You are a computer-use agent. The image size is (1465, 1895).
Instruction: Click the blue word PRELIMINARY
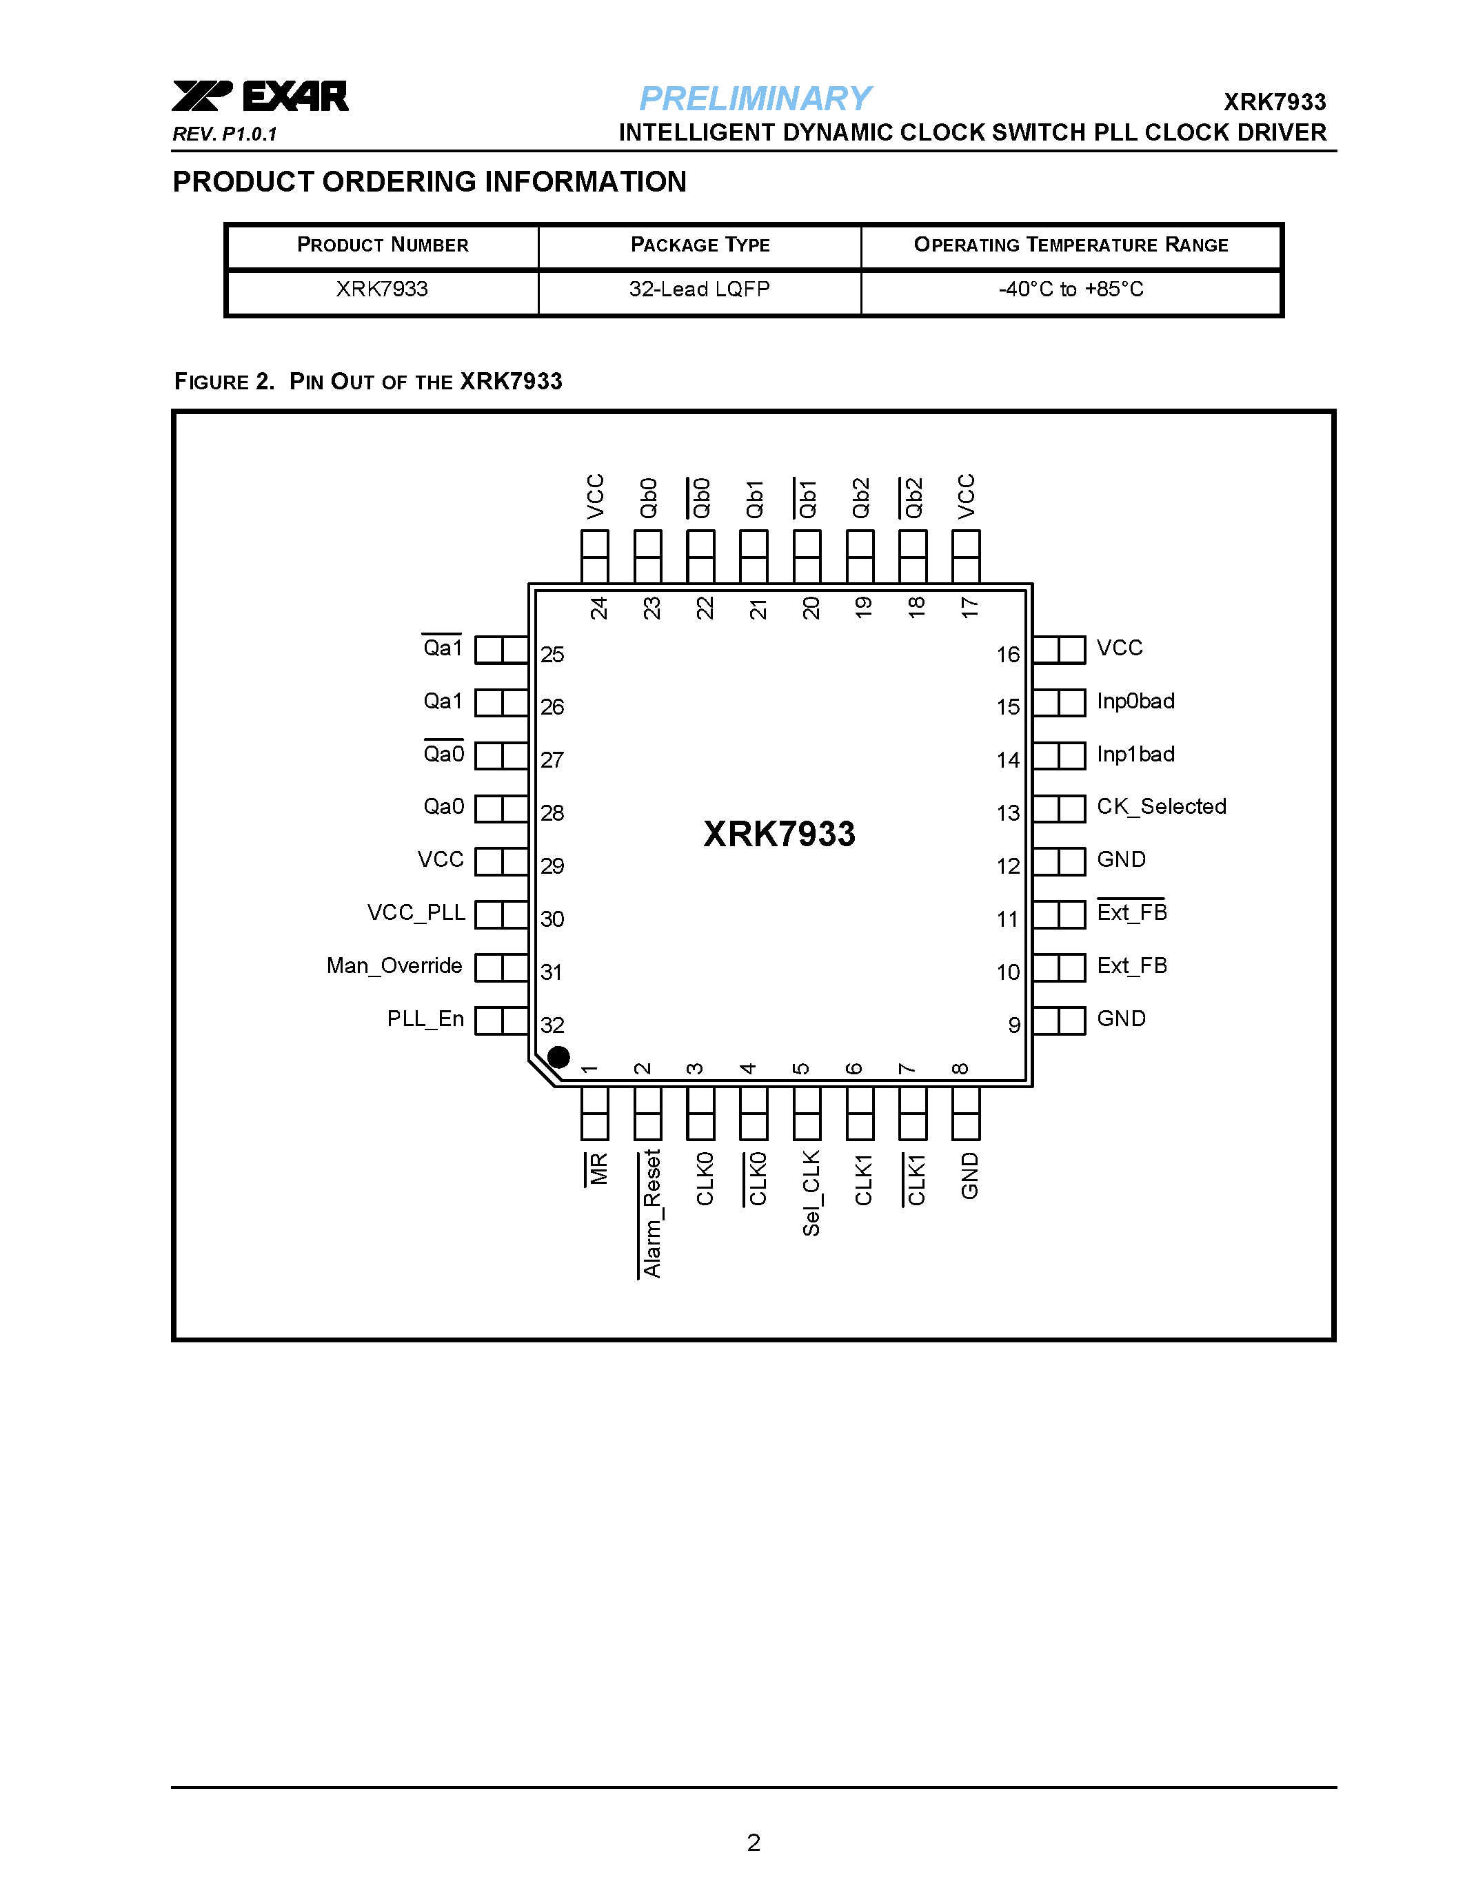pos(754,99)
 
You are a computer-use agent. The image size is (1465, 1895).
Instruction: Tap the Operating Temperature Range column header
pos(1070,245)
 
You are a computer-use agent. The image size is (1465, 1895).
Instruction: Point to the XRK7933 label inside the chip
pos(778,834)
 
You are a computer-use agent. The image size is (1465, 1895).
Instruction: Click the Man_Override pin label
pos(394,965)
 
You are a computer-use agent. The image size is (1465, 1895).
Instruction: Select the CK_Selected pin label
pos(1161,807)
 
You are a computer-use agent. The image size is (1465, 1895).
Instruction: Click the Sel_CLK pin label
pos(811,1192)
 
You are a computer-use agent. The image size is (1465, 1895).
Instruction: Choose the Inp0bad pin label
pos(1135,701)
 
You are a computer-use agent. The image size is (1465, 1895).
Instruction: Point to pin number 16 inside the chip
pos(1008,654)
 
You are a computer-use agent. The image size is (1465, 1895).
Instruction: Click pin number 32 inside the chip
pos(552,1025)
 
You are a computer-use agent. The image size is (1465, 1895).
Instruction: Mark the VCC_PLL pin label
pos(416,913)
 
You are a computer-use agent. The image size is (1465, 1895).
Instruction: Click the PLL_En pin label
pos(425,1018)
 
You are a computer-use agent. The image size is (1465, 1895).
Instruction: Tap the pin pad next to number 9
pos(1059,1021)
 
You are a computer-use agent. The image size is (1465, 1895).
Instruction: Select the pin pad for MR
pos(594,1113)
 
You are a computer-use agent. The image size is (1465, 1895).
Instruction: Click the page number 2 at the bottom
pos(754,1842)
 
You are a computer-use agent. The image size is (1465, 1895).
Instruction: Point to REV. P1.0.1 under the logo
pos(224,134)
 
